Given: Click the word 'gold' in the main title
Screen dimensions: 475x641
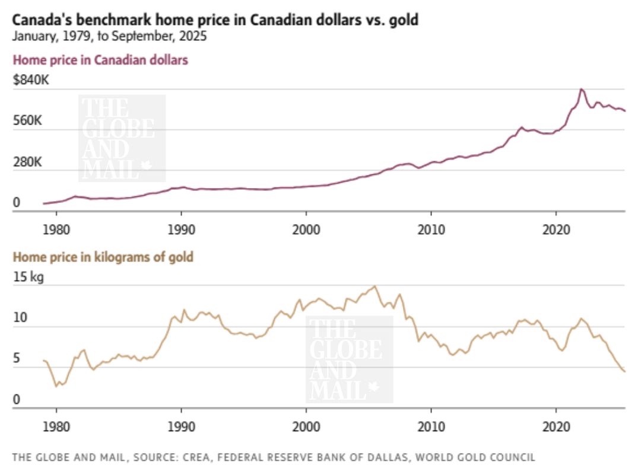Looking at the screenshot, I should pos(404,20).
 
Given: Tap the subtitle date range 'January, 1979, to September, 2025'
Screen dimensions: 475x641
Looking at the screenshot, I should pos(110,36).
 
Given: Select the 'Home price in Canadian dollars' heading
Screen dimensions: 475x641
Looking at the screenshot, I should pos(100,60).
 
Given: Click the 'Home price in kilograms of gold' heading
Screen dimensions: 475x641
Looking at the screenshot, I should pos(103,257).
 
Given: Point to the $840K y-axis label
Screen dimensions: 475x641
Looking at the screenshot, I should pos(31,80).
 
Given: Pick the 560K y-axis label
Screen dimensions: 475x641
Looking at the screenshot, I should pos(27,121).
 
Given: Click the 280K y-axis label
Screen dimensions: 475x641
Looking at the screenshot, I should pos(27,161).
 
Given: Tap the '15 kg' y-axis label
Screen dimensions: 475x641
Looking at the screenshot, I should pos(28,278).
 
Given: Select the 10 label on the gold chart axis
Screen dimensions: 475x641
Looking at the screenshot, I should pos(20,318).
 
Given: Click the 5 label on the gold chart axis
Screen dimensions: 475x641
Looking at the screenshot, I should pos(17,359).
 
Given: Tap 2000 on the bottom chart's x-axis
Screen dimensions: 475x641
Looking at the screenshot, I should pos(306,426).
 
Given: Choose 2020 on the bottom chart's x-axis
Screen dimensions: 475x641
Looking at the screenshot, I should pos(556,426).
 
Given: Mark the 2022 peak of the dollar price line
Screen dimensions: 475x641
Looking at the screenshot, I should pos(581,89).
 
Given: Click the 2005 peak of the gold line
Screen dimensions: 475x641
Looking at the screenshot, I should pos(375,286).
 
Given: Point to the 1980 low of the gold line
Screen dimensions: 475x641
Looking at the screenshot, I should pos(57,386).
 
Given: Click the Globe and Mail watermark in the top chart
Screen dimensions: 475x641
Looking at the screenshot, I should pos(122,138).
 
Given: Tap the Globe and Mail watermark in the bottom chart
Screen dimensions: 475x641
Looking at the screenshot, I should pos(349,359).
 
